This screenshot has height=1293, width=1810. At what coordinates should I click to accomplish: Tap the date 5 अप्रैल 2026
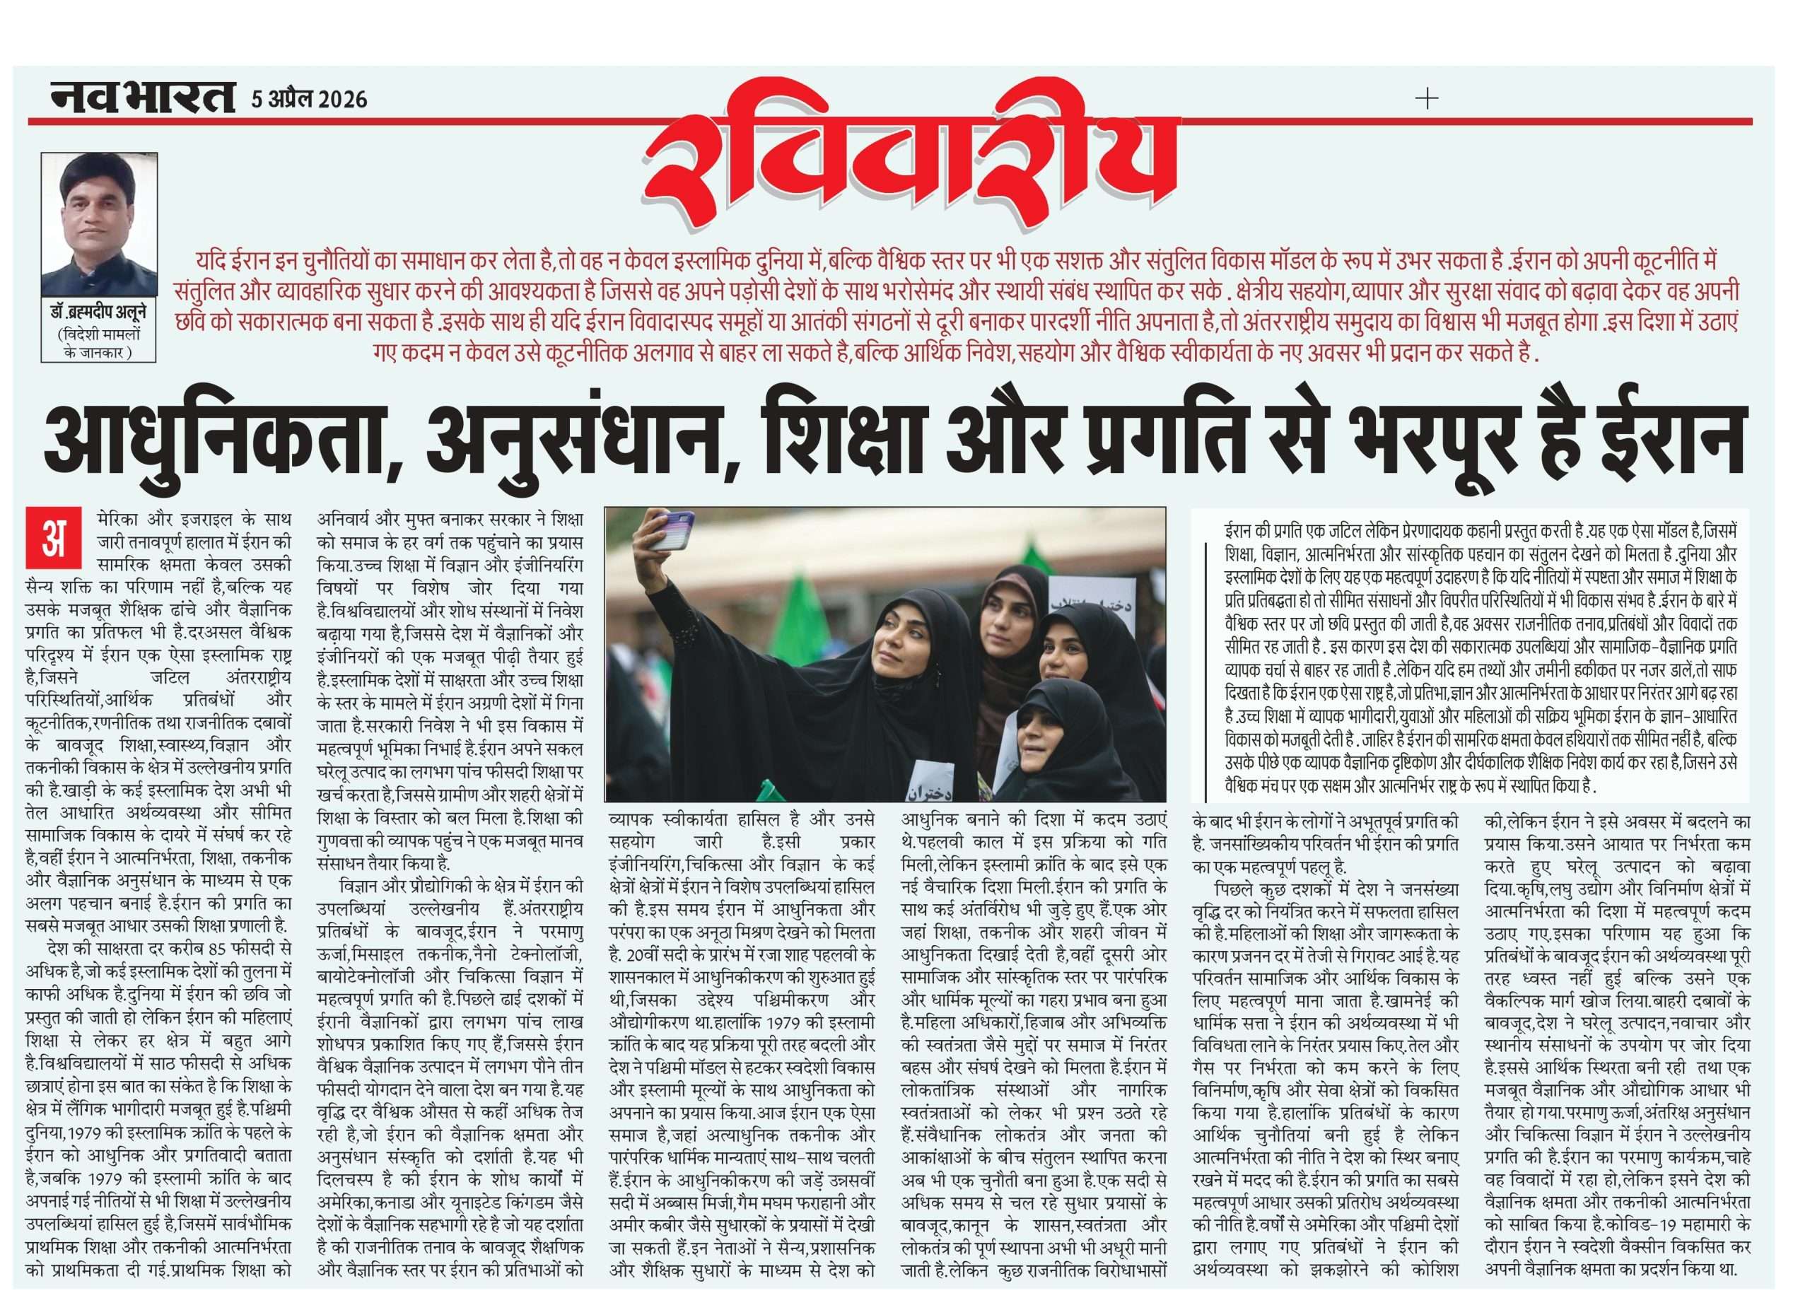tap(309, 99)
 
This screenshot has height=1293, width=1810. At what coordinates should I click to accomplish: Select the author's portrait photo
tap(100, 225)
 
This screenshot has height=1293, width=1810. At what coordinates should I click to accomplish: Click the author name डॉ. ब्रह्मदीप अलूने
tap(100, 315)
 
